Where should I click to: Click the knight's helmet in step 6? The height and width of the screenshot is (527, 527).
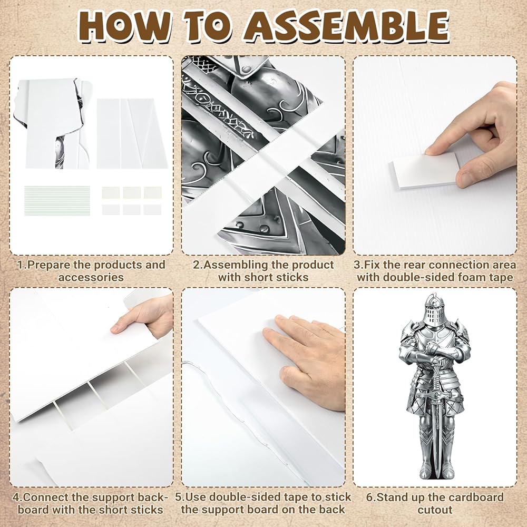(434, 310)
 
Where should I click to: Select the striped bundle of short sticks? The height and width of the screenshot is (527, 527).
(57, 200)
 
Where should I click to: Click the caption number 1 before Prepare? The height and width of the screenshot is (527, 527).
(21, 265)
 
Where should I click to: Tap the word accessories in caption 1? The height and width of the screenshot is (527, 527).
(91, 277)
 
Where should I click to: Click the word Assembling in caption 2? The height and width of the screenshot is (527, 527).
(235, 265)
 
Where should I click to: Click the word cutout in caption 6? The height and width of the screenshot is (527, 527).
(435, 510)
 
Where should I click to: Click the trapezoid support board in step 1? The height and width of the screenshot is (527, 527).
(143, 133)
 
